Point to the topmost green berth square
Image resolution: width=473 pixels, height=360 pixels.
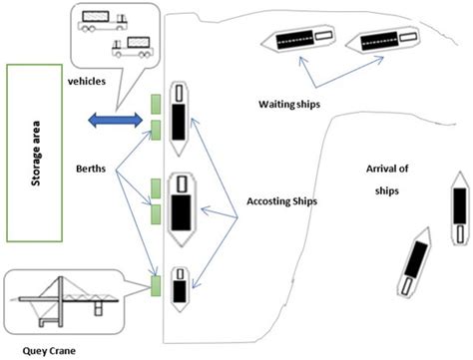[x=156, y=103]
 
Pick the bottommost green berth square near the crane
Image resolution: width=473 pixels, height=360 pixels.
[x=156, y=289]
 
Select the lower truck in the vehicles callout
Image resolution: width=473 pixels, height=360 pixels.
[x=132, y=47]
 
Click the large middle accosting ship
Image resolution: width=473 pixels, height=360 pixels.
[x=182, y=212]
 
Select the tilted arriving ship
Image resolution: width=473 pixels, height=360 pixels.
[x=412, y=264]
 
